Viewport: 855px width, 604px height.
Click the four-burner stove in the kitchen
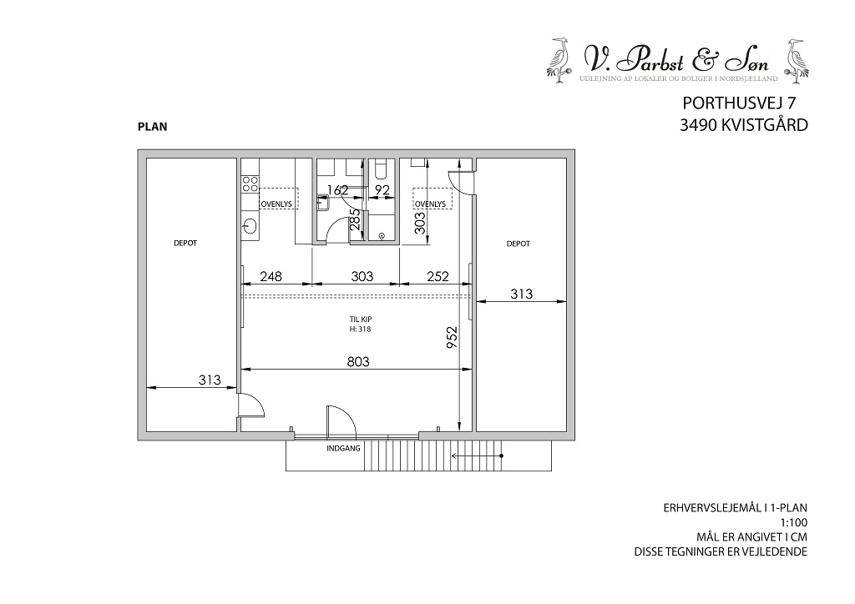(x=250, y=183)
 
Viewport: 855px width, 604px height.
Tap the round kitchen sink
(x=250, y=224)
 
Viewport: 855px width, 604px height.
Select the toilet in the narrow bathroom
(x=380, y=171)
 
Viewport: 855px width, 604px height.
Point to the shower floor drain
(x=382, y=236)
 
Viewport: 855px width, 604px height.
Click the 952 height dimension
(x=451, y=337)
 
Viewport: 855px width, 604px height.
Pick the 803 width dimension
(x=358, y=361)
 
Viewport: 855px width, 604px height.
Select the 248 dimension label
(x=271, y=277)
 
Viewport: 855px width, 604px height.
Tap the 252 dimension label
(x=438, y=277)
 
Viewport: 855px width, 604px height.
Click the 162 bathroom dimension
(x=337, y=190)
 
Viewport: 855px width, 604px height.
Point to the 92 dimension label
(x=382, y=190)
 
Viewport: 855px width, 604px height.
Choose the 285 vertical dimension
(x=356, y=219)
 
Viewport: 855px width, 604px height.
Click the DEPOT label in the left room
(x=185, y=243)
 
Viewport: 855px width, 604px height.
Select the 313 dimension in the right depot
(x=521, y=294)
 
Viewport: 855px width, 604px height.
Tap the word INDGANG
(x=343, y=449)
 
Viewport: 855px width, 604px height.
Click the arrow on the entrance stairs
(x=477, y=456)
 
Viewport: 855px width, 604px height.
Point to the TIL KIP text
(x=361, y=320)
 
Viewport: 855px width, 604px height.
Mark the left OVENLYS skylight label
(x=276, y=204)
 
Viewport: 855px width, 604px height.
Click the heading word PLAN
(x=153, y=127)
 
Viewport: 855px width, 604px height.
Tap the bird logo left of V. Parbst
(x=559, y=60)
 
